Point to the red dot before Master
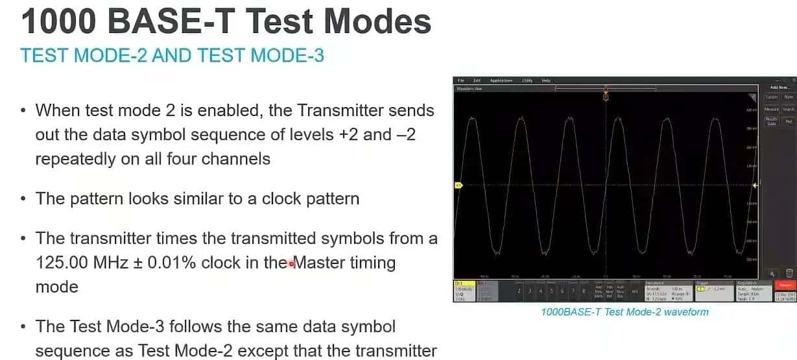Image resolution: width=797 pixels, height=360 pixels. tap(291, 263)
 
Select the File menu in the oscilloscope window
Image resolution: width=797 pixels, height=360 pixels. tap(461, 80)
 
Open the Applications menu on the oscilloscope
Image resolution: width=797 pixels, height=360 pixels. tap(501, 80)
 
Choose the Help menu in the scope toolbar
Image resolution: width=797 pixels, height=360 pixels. tap(546, 80)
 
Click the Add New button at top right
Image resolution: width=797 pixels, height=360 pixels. tap(779, 88)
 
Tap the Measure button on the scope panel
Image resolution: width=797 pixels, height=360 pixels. tap(771, 110)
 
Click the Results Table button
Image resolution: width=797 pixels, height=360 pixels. tap(771, 121)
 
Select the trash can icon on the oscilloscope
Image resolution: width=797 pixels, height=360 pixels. tap(789, 274)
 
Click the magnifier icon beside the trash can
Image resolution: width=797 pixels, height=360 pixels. tap(772, 274)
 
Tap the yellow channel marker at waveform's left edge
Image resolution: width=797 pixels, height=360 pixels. tap(458, 185)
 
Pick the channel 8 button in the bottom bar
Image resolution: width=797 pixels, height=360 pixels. tap(584, 291)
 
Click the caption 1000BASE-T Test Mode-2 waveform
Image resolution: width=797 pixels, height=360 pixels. tap(625, 312)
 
